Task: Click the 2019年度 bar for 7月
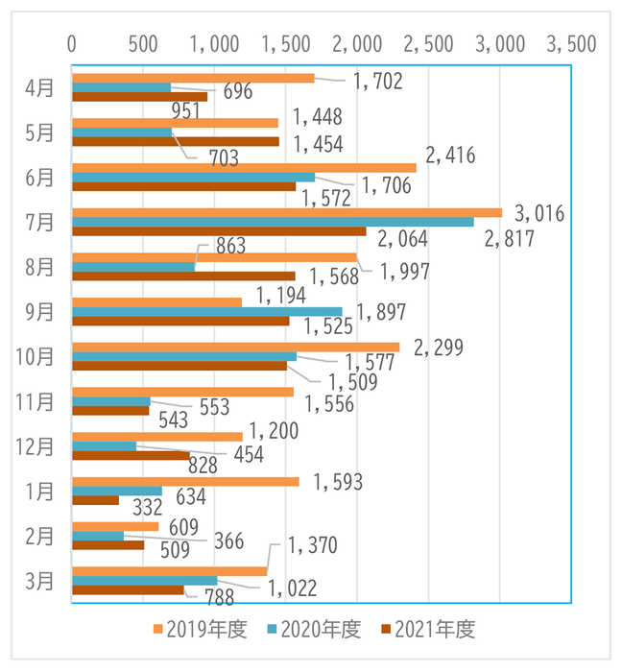click(287, 212)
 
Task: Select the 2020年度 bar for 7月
click(273, 222)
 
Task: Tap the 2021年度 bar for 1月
click(96, 500)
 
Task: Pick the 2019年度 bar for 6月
click(244, 167)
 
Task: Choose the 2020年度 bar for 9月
click(207, 311)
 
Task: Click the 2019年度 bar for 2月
click(115, 526)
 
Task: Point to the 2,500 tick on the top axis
click(428, 43)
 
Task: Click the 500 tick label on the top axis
click(143, 43)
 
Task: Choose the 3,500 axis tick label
click(570, 43)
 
